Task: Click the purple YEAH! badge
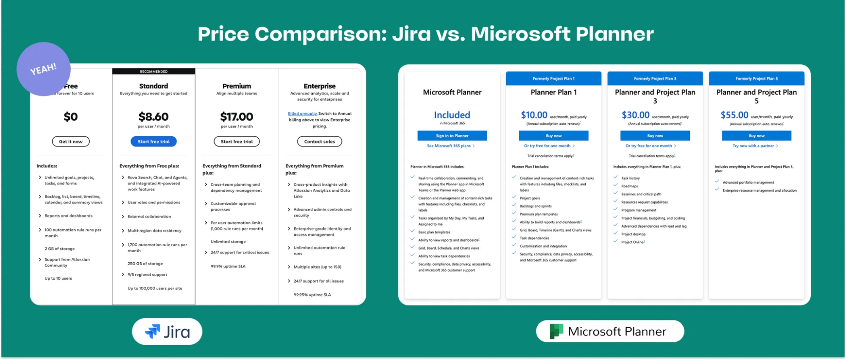[x=44, y=69]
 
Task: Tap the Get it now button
[x=71, y=141]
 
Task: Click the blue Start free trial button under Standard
[x=154, y=141]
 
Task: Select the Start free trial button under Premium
[x=237, y=141]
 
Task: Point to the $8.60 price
[x=154, y=116]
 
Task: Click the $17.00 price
[x=237, y=116]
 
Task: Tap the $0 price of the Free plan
[x=71, y=116]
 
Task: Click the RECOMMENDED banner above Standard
[x=154, y=71]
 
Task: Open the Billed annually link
[x=302, y=113]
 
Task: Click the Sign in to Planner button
[x=452, y=136]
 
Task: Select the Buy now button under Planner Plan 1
[x=554, y=136]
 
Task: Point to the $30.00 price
[x=635, y=115]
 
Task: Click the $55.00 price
[x=734, y=115]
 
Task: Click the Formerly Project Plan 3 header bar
[x=655, y=78]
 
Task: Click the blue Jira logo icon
[x=153, y=331]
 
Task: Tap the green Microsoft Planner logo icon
[x=556, y=331]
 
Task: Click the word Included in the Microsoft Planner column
[x=452, y=115]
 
